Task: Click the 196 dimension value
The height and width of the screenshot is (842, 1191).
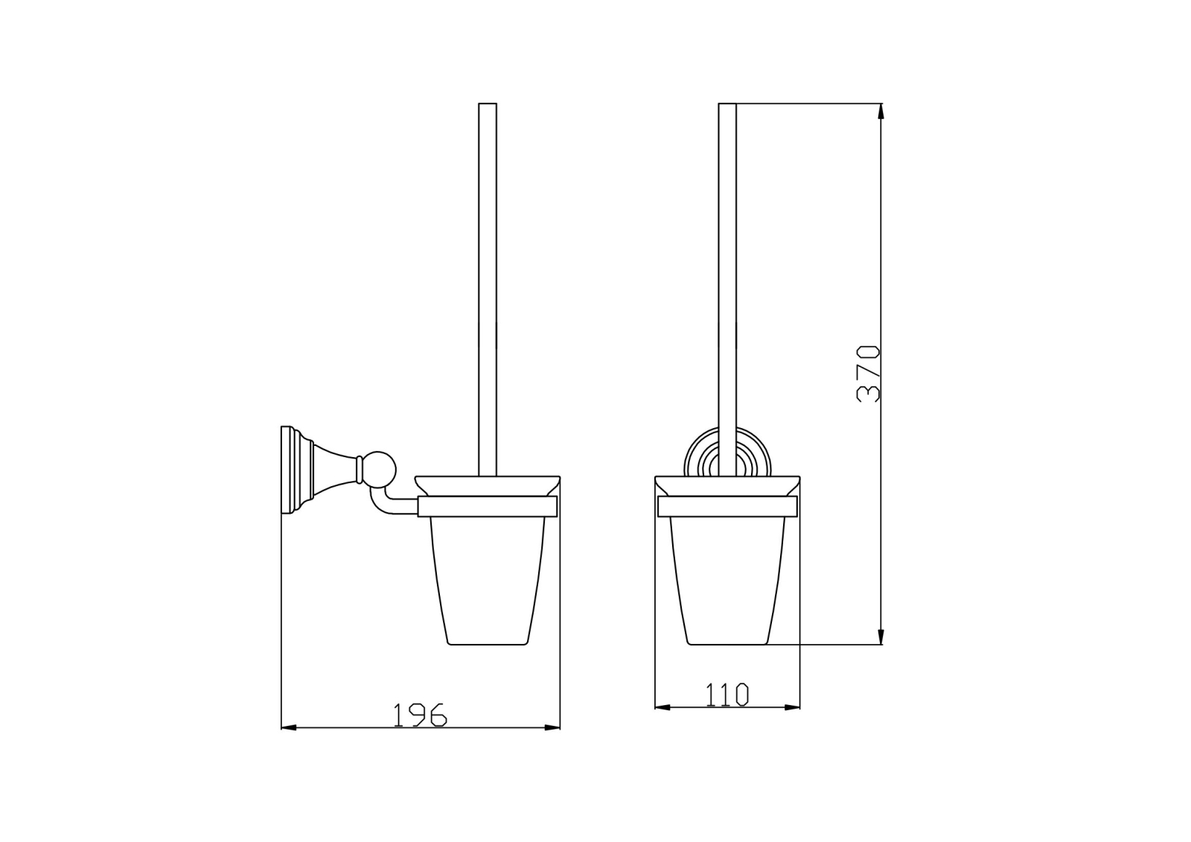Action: [420, 715]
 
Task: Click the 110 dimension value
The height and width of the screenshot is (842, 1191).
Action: [727, 694]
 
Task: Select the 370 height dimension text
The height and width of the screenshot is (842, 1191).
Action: [869, 374]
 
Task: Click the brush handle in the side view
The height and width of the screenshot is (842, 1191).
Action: [488, 290]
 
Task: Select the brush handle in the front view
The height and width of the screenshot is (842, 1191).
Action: [727, 290]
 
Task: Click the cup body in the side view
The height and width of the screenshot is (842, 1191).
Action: [488, 581]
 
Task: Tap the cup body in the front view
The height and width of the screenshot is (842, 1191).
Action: [727, 581]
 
